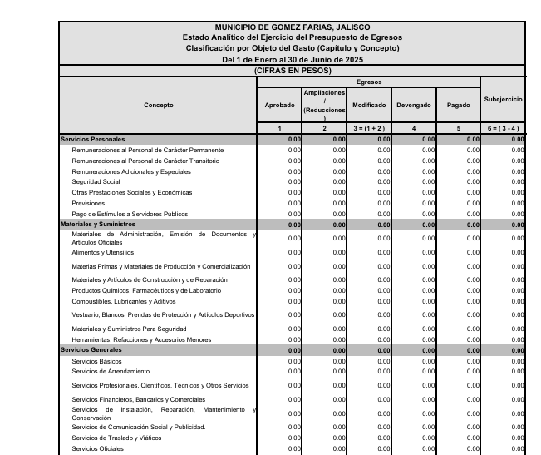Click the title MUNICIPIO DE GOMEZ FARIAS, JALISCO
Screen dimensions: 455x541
[x=292, y=27]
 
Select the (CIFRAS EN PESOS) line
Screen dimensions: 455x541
[x=292, y=70]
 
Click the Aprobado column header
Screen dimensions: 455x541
[x=279, y=106]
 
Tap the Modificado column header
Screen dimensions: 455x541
[x=369, y=106]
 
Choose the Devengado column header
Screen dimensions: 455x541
[x=414, y=106]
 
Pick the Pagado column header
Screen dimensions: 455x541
[x=459, y=106]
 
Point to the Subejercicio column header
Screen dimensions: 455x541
[x=503, y=100]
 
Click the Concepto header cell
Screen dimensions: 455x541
[x=158, y=106]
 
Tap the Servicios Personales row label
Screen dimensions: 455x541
[x=91, y=139]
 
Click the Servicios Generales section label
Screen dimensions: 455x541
[x=91, y=350]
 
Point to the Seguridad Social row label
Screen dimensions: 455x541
[x=96, y=181]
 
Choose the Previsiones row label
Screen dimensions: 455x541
[x=88, y=203]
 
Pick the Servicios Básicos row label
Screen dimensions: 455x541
[x=96, y=361]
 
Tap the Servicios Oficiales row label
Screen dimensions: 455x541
[x=97, y=448]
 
